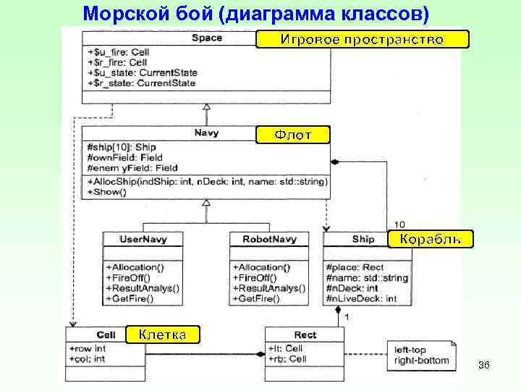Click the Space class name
[207, 38]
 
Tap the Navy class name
[207, 133]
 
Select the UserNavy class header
[142, 238]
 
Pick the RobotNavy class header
[270, 238]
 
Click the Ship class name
[363, 238]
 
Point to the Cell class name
[106, 335]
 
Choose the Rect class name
[305, 335]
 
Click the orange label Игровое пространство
[362, 39]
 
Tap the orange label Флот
[293, 135]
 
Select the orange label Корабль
[431, 239]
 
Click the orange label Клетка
[161, 334]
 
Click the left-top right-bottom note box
[420, 355]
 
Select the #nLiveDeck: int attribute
[361, 298]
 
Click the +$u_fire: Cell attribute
[117, 52]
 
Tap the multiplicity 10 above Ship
[399, 224]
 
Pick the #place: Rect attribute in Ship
[355, 267]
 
